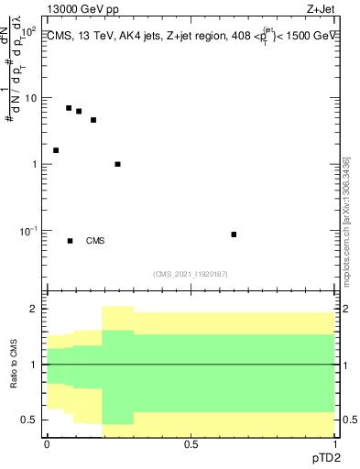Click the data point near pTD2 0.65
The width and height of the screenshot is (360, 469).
click(x=234, y=234)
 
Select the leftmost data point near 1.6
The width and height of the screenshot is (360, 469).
click(x=56, y=150)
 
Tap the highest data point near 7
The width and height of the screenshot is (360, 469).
click(x=69, y=108)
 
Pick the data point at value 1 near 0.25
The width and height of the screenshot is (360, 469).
click(x=117, y=164)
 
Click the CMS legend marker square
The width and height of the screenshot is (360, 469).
click(x=71, y=241)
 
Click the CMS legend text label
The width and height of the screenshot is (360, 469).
click(x=95, y=242)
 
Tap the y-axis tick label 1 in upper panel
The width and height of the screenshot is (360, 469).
click(x=35, y=165)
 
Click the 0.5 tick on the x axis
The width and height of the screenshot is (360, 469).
click(x=191, y=443)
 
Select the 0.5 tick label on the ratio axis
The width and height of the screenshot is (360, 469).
click(x=30, y=420)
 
